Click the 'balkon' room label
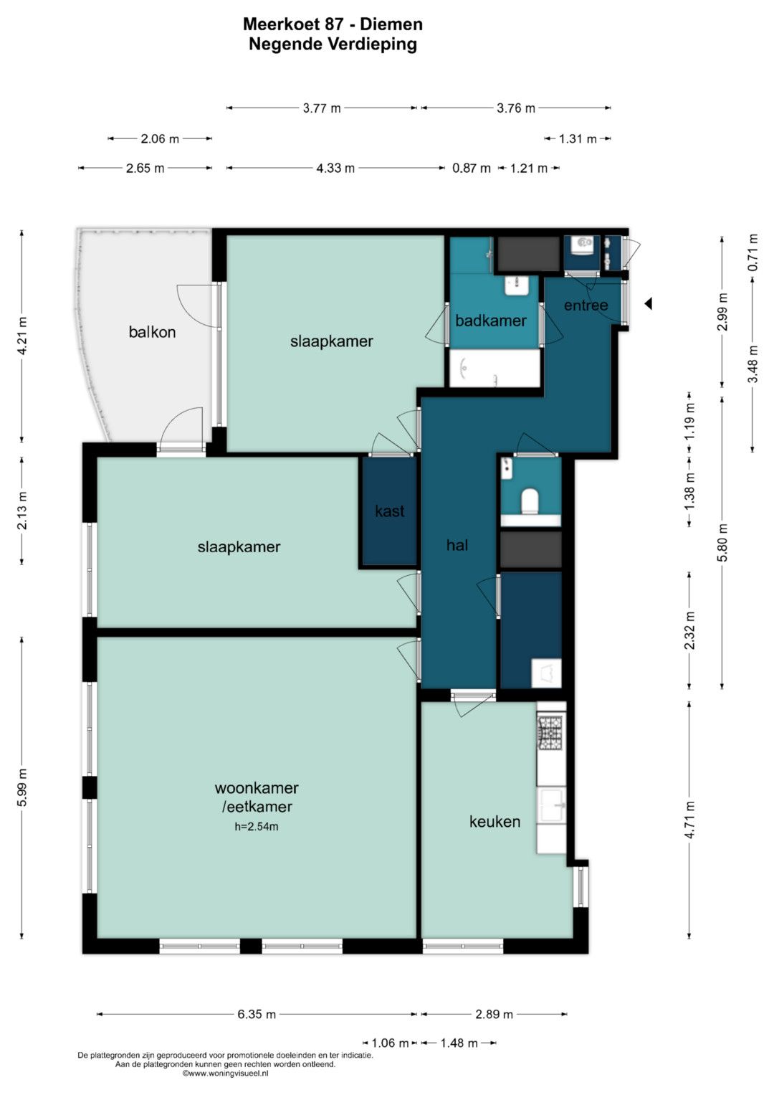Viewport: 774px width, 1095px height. point(152,332)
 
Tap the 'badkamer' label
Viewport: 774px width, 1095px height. point(491,321)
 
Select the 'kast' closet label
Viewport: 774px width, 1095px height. point(389,511)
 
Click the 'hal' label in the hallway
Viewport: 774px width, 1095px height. point(457,544)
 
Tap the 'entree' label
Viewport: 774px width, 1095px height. point(586,305)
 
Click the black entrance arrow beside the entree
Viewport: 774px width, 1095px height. point(648,303)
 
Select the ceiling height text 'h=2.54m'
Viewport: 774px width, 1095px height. point(257,827)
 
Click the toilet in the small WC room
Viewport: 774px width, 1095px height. point(530,501)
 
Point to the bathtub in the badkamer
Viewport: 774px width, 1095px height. point(494,368)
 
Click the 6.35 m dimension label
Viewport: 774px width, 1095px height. point(257,1015)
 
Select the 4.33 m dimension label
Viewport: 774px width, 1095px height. point(335,169)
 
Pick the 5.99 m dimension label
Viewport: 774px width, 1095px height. point(22,787)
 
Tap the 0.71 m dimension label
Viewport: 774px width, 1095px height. point(753,252)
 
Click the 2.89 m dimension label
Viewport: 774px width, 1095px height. point(494,1015)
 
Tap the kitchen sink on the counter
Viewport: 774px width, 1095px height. point(552,805)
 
